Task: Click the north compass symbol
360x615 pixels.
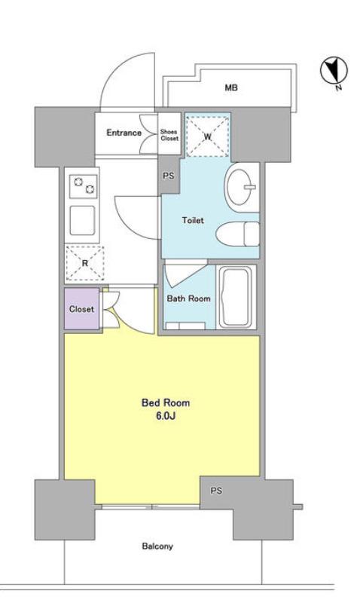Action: (334, 72)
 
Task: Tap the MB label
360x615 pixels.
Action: (231, 88)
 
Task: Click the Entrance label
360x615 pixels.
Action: (124, 133)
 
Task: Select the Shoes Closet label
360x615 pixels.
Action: (169, 135)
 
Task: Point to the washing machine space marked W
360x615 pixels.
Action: (207, 136)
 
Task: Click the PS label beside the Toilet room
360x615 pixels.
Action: (169, 176)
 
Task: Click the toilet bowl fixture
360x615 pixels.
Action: (237, 234)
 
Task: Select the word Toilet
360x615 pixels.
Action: (193, 220)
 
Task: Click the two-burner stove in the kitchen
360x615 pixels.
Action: (83, 186)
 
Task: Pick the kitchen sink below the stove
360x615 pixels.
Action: (82, 220)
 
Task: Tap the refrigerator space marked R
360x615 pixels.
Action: (84, 263)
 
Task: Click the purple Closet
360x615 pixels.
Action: (81, 309)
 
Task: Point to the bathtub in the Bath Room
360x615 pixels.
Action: (235, 297)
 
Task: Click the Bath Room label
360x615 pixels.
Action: (188, 298)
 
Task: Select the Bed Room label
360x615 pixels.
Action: (165, 402)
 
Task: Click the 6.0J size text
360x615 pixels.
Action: (165, 416)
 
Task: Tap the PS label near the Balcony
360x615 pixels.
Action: (216, 491)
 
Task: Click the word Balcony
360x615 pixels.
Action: (157, 546)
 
